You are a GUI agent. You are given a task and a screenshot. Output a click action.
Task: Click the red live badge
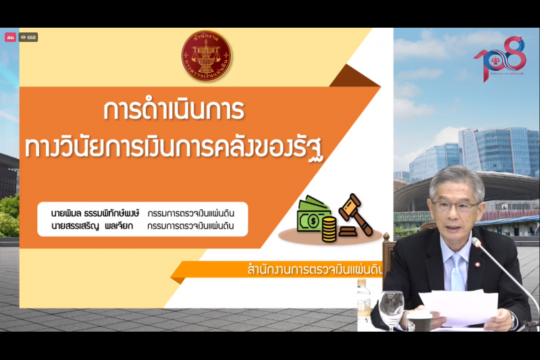pos(10,38)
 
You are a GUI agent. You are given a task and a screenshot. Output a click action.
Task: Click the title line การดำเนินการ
pos(174,110)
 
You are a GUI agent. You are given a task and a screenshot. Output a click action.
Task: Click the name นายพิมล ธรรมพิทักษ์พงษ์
pos(95,213)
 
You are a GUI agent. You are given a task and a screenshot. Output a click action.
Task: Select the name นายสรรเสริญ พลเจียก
pos(95,226)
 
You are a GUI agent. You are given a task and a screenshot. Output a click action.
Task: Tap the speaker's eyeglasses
pos(456,205)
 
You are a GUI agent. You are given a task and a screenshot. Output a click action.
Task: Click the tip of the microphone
pos(475,242)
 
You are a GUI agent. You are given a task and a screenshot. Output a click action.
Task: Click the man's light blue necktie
pos(457,270)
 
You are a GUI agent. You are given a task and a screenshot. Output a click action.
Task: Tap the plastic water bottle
pos(363,297)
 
